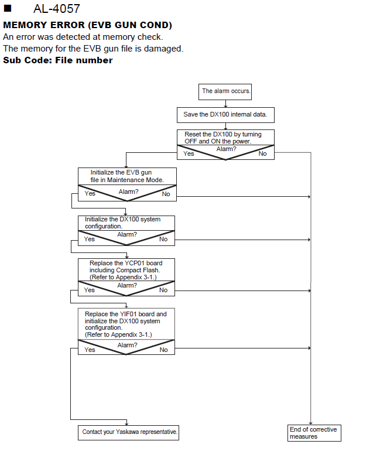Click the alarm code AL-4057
pyautogui.click(x=57, y=8)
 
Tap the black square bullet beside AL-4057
pyautogui.click(x=8, y=8)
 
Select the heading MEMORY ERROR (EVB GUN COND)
pyautogui.click(x=87, y=25)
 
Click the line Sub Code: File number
pyautogui.click(x=58, y=60)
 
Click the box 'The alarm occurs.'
pyautogui.click(x=225, y=92)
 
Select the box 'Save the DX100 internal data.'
pyautogui.click(x=225, y=115)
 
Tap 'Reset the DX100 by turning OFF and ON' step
pyautogui.click(x=225, y=138)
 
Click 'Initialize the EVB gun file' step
pyautogui.click(x=127, y=176)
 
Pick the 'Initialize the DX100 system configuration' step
pyautogui.click(x=126, y=223)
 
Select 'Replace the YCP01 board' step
pyautogui.click(x=126, y=270)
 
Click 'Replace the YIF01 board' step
pyautogui.click(x=126, y=324)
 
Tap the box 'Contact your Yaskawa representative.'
pyautogui.click(x=128, y=433)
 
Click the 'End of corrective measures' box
pyautogui.click(x=314, y=433)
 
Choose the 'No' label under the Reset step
pyautogui.click(x=262, y=153)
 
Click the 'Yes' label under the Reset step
pyautogui.click(x=189, y=153)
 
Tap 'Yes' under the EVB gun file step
pyautogui.click(x=90, y=193)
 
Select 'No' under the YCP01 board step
pyautogui.click(x=163, y=290)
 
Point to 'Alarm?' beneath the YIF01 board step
pyautogui.click(x=127, y=345)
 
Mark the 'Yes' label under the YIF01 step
pyautogui.click(x=90, y=350)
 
